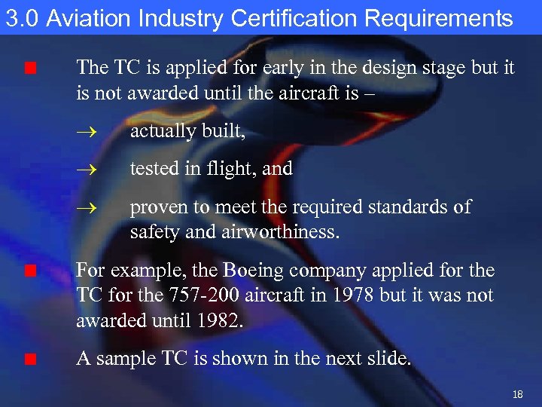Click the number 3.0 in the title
[x=21, y=18]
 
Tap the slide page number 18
[x=517, y=394]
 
